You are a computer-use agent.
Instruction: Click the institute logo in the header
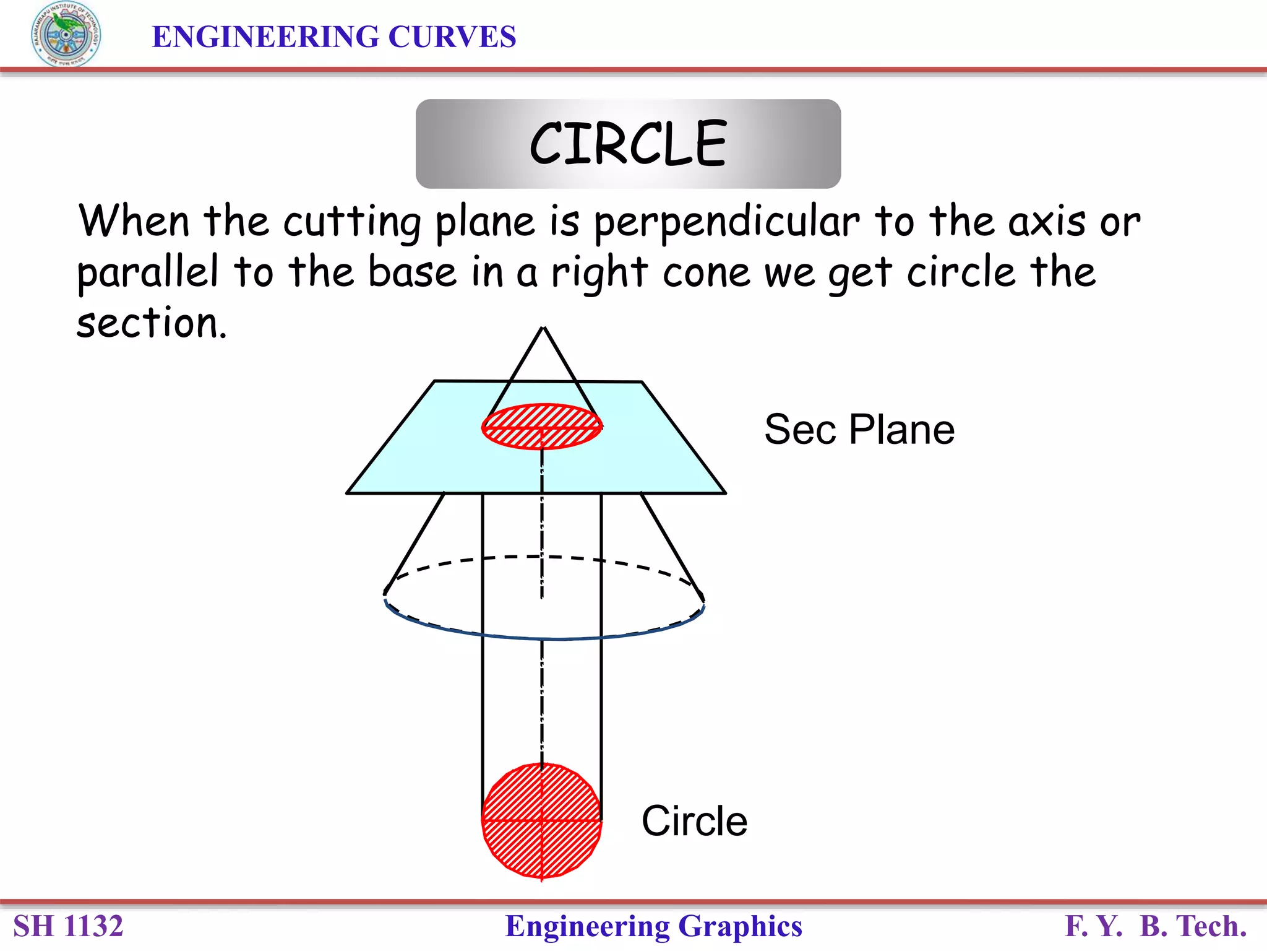(66, 35)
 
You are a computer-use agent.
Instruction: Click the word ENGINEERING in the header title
(265, 37)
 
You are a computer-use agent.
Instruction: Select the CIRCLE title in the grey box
(628, 144)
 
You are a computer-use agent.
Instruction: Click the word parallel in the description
(147, 273)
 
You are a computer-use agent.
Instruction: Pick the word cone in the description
(707, 273)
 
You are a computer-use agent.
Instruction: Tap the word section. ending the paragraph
(152, 323)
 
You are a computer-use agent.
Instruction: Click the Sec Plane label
(859, 429)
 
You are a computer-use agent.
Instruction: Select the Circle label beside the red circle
(694, 821)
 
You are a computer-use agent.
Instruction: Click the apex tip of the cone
(543, 328)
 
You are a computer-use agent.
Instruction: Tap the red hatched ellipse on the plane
(542, 426)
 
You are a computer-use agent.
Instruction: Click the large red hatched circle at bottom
(542, 821)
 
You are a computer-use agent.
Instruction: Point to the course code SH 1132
(68, 926)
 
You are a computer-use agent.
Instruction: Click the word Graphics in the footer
(740, 926)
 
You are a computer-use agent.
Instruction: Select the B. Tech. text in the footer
(1193, 926)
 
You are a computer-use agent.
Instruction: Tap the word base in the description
(412, 272)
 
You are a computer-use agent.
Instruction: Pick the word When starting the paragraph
(134, 222)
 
